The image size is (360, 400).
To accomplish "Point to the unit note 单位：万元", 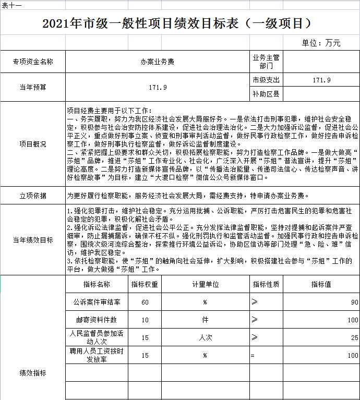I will [321, 43].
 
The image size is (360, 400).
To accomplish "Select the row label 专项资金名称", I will [33, 62].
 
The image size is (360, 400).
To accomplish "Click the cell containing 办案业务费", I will [158, 62].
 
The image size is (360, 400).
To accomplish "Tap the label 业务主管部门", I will [266, 62].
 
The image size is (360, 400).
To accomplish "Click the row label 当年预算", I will [33, 87].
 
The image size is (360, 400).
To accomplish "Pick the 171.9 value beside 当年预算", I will [158, 87].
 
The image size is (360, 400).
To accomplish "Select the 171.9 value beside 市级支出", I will [321, 80].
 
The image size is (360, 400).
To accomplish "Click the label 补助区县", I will [266, 94].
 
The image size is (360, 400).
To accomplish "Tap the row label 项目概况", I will [33, 144].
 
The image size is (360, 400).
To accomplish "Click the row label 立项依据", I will [33, 196].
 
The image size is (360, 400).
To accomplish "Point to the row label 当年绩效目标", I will [33, 240].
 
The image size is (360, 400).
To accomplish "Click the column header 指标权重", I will [145, 284].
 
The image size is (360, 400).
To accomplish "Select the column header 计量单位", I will [205, 284].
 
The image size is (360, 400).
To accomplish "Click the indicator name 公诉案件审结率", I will [97, 302].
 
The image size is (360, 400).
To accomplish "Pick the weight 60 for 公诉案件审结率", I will [145, 302].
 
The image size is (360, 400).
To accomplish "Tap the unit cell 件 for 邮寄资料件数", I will [205, 320].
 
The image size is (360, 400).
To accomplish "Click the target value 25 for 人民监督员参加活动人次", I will [354, 338].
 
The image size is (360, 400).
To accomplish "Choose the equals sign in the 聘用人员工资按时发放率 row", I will [252, 356].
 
